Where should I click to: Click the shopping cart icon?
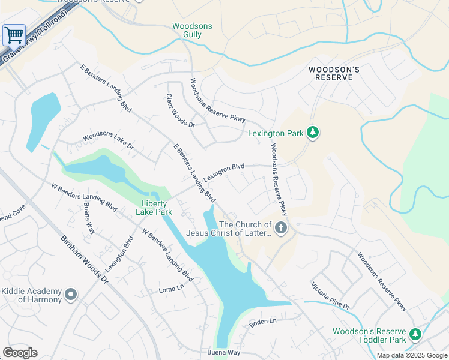[x=14, y=35]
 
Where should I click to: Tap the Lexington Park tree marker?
[x=312, y=133]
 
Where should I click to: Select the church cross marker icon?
[x=280, y=228]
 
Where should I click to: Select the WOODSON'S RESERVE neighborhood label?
[x=334, y=74]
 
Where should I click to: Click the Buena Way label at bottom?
[x=223, y=352]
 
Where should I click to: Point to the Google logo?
[x=20, y=352]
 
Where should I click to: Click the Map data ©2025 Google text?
[x=412, y=355]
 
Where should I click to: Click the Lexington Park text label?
[x=276, y=133]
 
